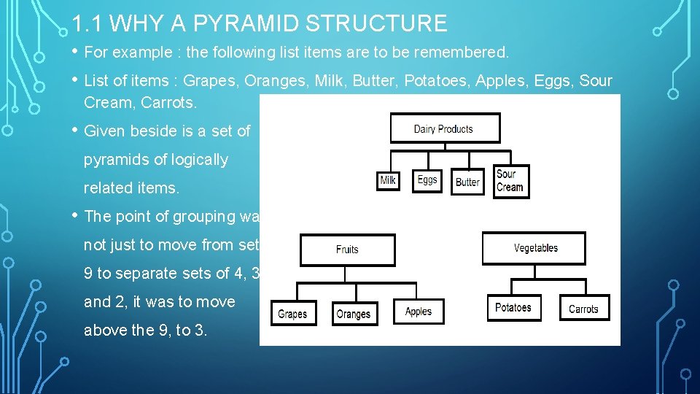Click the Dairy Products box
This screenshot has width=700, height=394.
pos(445,128)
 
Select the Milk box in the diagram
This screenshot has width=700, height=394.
pos(389,180)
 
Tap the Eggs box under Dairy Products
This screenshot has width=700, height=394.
pos(427,179)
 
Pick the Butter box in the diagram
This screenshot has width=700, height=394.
pos(467,182)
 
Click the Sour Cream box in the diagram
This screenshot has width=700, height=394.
pos(510,181)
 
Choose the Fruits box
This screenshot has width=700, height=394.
pos(347,250)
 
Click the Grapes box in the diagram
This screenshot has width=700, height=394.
pos(292,314)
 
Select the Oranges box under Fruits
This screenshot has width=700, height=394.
pos(354,314)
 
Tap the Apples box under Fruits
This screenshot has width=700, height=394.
pos(419,312)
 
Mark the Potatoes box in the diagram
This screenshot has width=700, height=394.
pos(513,307)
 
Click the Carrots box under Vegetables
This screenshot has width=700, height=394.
pos(583,309)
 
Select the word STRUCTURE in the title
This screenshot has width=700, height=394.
pos(377,24)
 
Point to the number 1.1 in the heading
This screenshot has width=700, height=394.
pos(90,24)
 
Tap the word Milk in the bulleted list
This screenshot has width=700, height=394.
pos(334,81)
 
